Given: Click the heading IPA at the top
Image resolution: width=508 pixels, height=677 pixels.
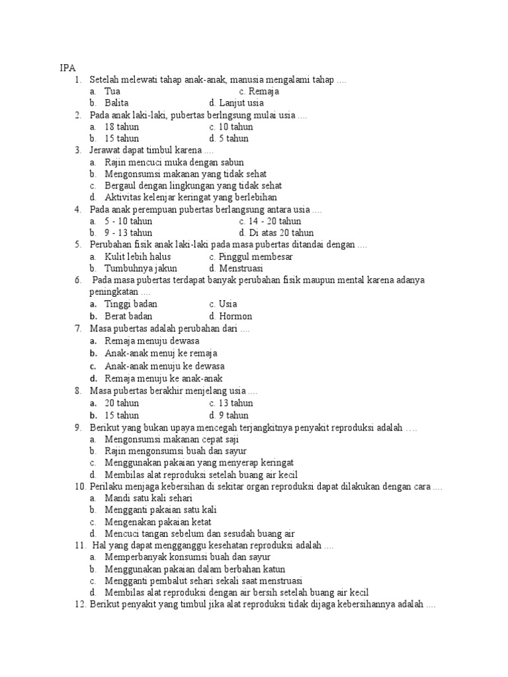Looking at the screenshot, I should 67,67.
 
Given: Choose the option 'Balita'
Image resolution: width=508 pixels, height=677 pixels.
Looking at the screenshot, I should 117,103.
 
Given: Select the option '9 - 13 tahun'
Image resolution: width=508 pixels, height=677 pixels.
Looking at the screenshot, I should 128,233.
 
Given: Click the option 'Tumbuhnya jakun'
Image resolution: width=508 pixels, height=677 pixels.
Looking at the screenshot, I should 138,268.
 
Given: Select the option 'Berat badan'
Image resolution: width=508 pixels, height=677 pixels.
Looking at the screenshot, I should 128,316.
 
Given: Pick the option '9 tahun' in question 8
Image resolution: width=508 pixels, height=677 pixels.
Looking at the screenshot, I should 233,415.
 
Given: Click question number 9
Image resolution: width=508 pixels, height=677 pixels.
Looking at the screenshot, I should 79,427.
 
